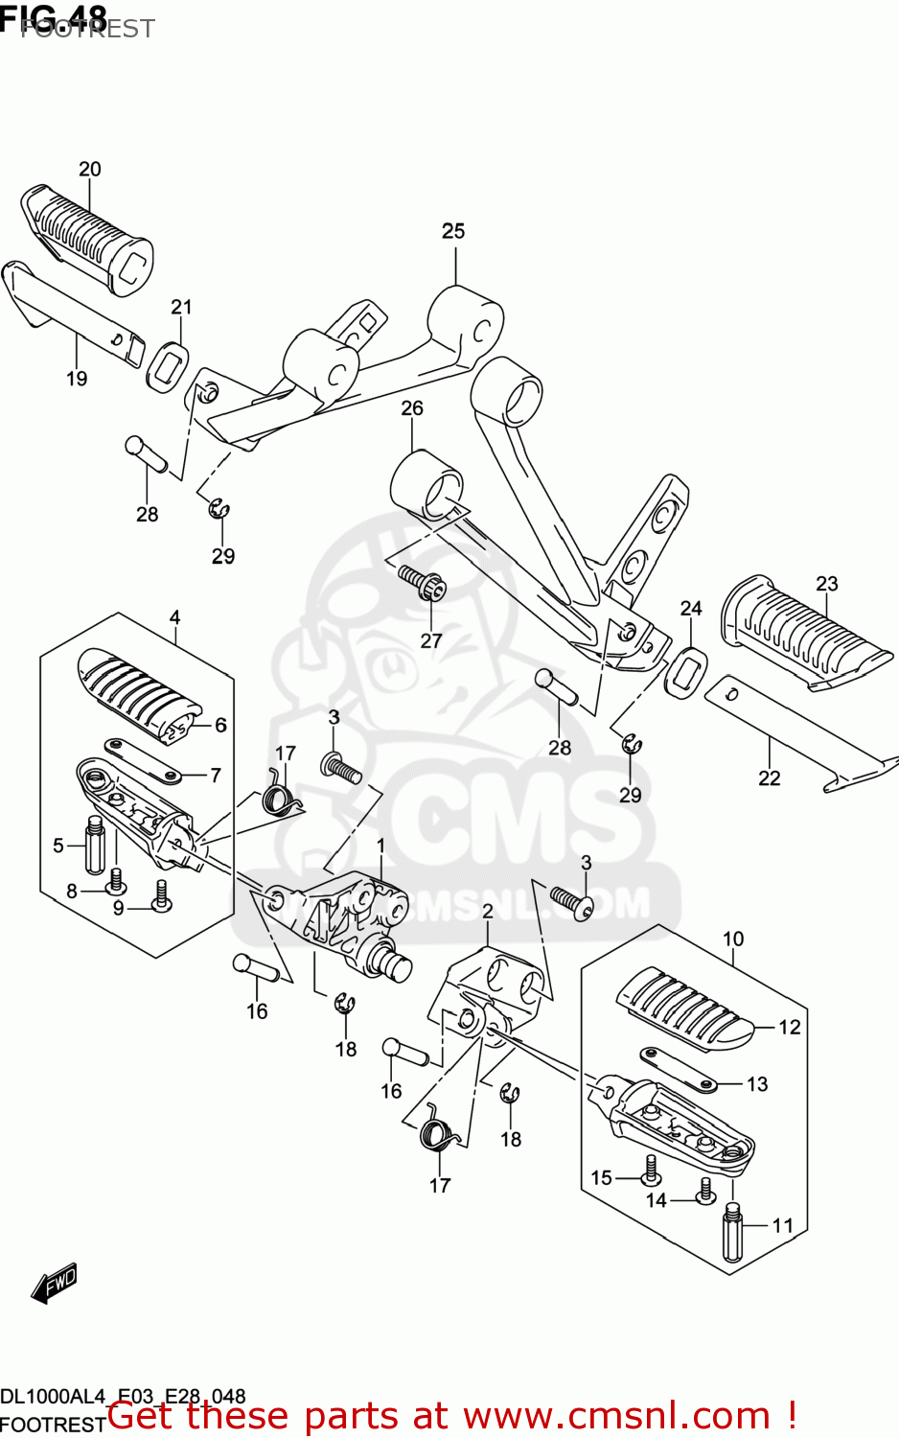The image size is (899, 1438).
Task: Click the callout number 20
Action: click(x=89, y=170)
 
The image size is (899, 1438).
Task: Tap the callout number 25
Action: click(x=453, y=231)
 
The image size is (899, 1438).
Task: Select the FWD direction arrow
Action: click(x=54, y=1284)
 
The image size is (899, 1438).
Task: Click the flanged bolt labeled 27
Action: click(x=423, y=582)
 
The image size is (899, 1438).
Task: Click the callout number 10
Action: click(x=733, y=939)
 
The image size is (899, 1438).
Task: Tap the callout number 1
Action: click(x=380, y=846)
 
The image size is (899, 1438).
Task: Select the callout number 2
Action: click(x=488, y=911)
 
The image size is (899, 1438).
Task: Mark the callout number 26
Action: click(x=412, y=408)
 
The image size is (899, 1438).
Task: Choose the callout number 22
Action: click(x=770, y=778)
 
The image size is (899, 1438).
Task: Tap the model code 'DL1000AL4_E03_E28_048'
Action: click(x=123, y=1397)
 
